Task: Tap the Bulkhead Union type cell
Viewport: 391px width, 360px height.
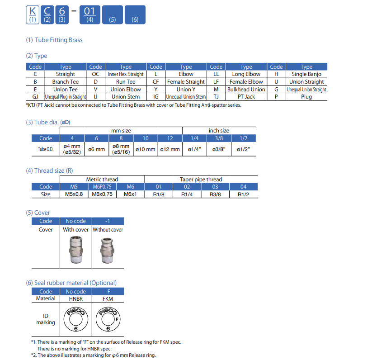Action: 246,89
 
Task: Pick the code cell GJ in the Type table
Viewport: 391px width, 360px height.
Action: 35,97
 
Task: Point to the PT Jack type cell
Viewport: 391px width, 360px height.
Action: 246,97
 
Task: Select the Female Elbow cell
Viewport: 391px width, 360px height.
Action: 246,82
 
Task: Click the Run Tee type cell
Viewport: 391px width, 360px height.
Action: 125,82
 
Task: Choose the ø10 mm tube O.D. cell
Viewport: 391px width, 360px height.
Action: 146,149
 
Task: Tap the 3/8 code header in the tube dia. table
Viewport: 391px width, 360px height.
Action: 219,138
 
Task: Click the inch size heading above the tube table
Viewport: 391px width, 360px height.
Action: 219,131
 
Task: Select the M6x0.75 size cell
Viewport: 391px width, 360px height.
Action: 102,194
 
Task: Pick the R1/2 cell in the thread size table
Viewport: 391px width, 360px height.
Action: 243,194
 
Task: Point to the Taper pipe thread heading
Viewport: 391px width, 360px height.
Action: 201,179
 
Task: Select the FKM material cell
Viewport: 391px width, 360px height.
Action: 108,298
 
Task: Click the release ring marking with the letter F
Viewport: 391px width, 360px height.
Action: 108,319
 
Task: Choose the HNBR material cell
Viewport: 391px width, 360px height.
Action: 75,298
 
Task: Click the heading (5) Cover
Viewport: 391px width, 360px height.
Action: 38,213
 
